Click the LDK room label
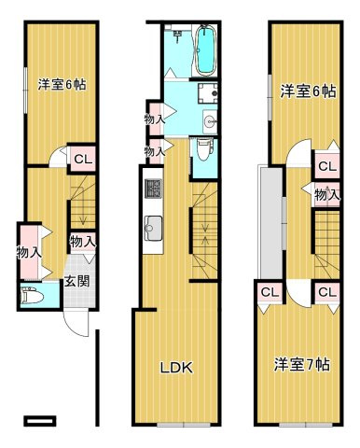176,368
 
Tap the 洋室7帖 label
300,364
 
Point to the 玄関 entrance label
76,283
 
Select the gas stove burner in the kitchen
153,189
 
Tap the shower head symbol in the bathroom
177,35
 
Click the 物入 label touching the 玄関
82,242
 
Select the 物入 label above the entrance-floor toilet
28,251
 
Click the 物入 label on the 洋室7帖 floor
326,195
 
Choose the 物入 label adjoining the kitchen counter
156,149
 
